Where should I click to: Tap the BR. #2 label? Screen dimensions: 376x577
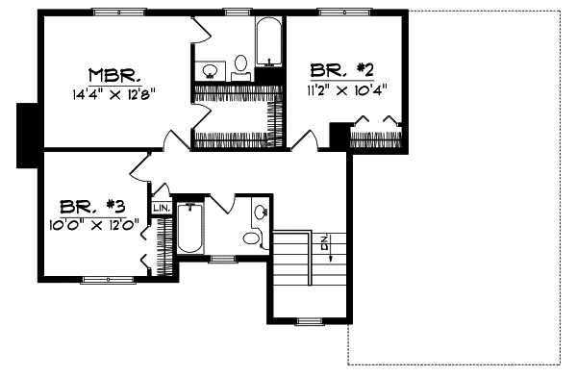tap(340, 69)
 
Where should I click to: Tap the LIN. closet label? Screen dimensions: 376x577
tap(161, 207)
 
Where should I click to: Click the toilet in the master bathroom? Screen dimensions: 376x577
tap(240, 65)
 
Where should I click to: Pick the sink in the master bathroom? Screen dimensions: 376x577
tap(212, 69)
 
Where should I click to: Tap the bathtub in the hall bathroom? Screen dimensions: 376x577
tap(190, 231)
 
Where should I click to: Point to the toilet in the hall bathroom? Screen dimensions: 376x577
tap(252, 238)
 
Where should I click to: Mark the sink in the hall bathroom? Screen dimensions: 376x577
tap(261, 211)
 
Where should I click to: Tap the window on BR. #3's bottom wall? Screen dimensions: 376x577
tap(107, 280)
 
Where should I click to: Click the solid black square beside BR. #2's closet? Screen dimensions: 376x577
tap(339, 134)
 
